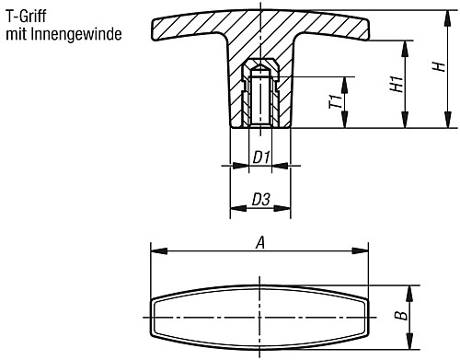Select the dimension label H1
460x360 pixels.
(396, 84)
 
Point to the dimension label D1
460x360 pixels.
(260, 158)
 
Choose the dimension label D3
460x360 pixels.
(260, 199)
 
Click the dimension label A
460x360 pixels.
(260, 243)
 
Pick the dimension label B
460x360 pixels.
(397, 318)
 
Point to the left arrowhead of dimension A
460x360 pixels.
(155, 251)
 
